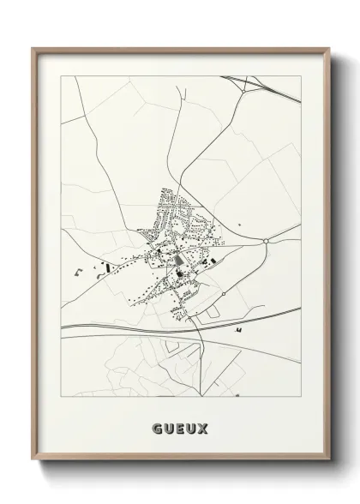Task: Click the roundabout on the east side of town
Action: pos(267,241)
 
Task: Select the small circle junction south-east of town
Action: pos(223,294)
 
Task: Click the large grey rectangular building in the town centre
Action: pos(177,258)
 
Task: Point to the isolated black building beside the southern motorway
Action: pos(239,328)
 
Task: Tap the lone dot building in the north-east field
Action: pos(240,225)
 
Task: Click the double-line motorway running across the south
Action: pos(129,327)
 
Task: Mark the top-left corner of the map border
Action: pos(60,75)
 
